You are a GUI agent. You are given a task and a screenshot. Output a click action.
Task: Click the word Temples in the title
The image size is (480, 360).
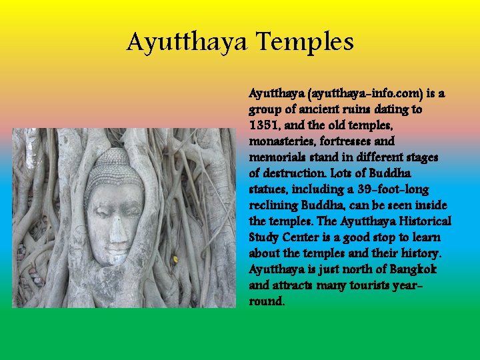point(305,42)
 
